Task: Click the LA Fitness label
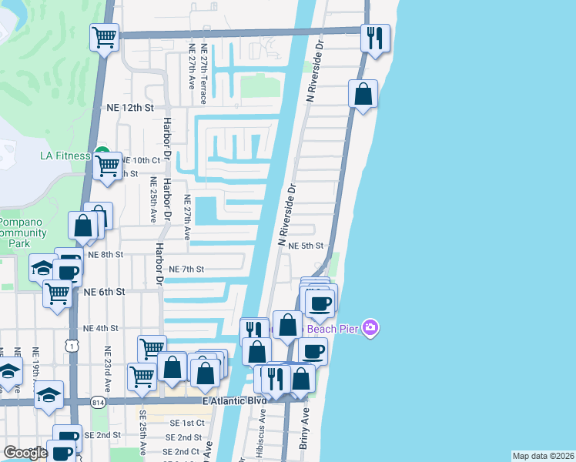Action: click(x=65, y=156)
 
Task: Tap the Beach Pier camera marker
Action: click(x=370, y=329)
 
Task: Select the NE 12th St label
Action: click(x=130, y=107)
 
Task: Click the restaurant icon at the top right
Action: click(x=375, y=38)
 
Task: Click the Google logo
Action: click(x=25, y=453)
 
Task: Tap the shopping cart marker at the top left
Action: click(x=104, y=36)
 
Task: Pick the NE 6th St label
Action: click(x=105, y=292)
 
